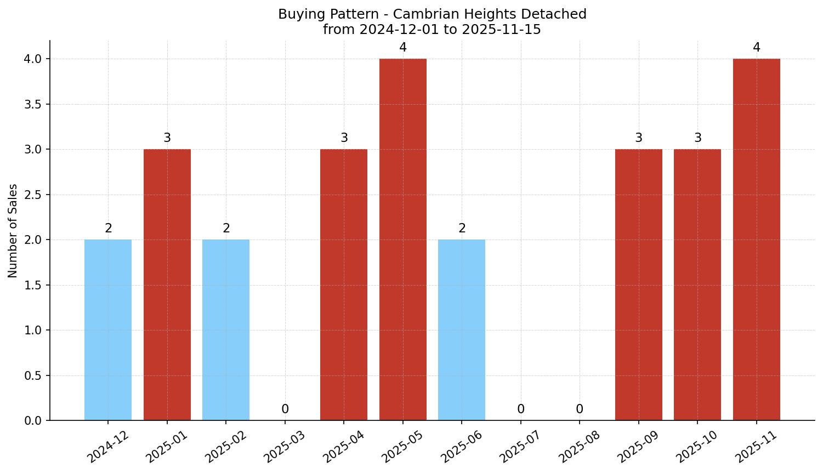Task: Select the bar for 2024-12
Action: [108, 330]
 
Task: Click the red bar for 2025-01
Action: [167, 285]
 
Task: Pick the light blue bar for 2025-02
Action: [226, 330]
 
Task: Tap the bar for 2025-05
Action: [403, 240]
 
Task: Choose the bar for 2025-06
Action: [462, 330]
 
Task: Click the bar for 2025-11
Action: [757, 240]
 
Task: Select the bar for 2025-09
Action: [639, 285]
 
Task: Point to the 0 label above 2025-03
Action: [285, 409]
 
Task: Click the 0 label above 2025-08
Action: [580, 409]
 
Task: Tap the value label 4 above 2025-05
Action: [403, 48]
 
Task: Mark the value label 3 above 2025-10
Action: [698, 138]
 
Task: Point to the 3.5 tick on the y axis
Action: [32, 104]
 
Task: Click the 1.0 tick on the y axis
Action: [32, 330]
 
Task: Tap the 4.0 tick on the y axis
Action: [32, 59]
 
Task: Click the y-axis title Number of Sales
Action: [13, 231]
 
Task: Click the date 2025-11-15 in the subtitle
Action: [501, 30]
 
